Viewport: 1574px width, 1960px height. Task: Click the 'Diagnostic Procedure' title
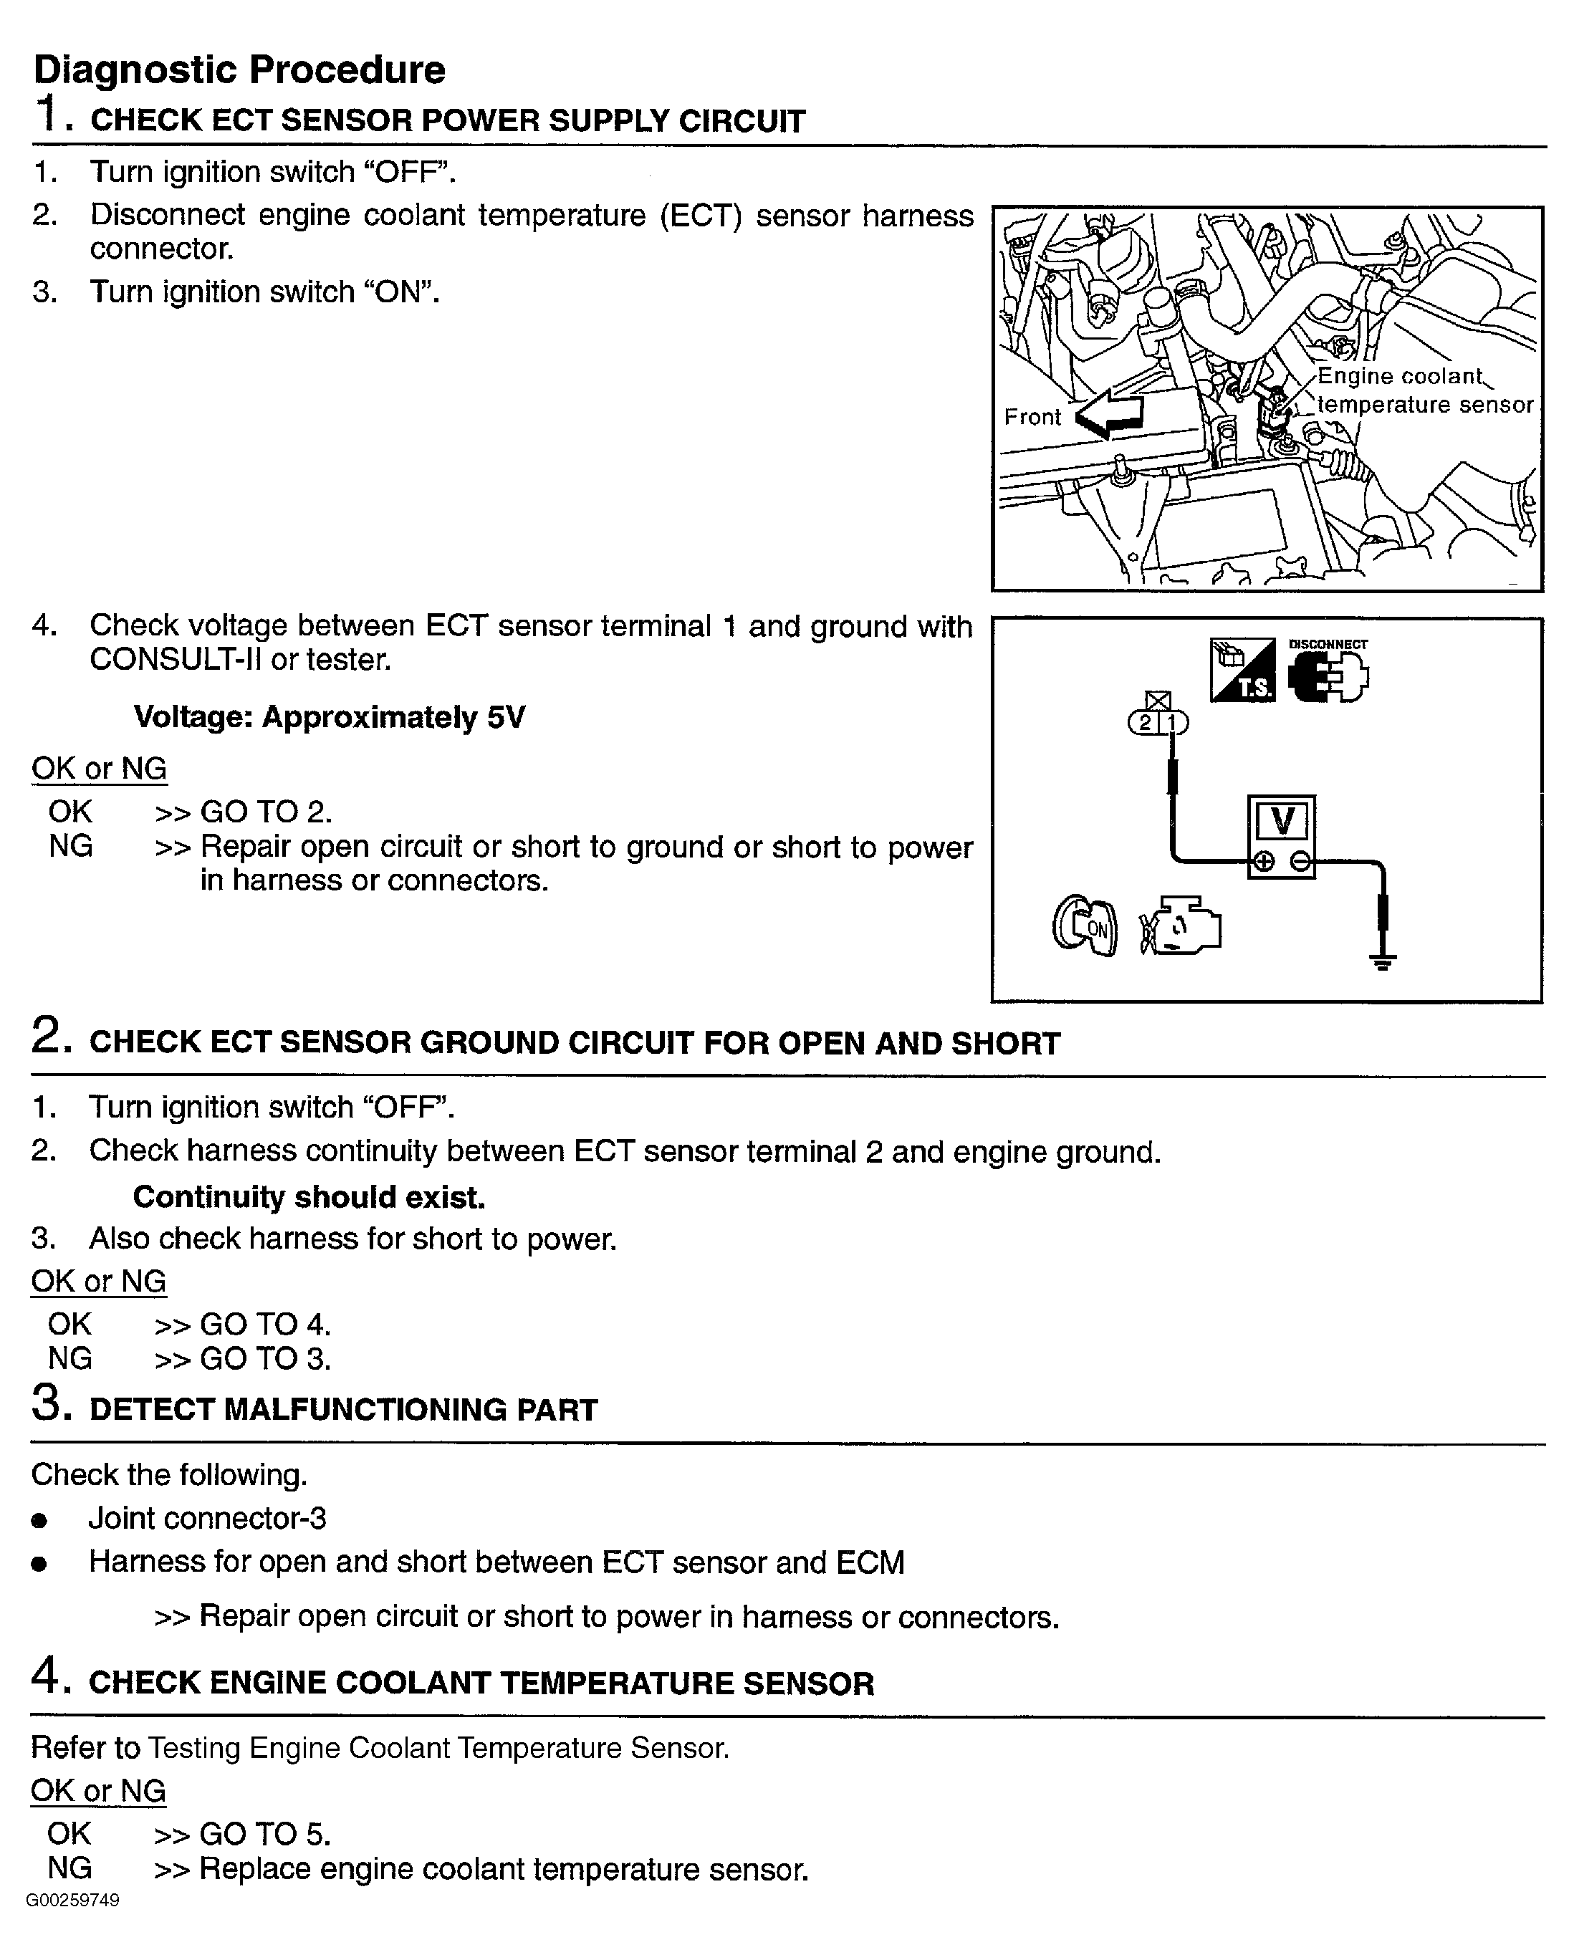point(239,70)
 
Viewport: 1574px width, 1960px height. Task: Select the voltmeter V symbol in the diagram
point(1281,821)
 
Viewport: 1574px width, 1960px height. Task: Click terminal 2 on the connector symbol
point(1145,723)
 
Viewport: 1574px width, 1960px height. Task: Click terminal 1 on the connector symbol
point(1172,723)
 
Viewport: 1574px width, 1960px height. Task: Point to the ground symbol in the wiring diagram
point(1382,962)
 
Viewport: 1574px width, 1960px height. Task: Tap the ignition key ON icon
point(1085,926)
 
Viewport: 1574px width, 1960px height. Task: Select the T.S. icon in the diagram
point(1242,670)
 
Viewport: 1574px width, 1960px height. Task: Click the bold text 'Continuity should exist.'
point(309,1196)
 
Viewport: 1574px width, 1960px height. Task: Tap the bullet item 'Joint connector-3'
point(207,1518)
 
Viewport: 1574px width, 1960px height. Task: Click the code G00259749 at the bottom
point(73,1900)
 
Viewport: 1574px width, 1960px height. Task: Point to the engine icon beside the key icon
point(1180,926)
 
